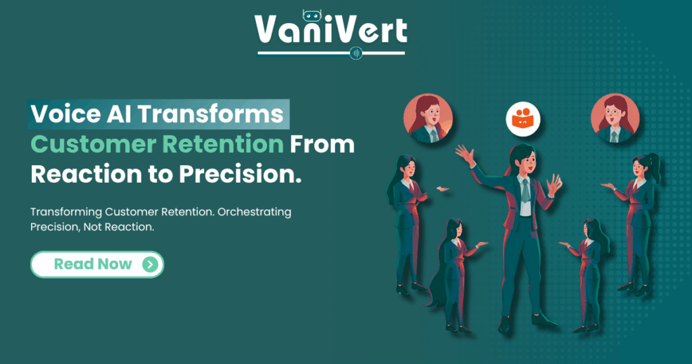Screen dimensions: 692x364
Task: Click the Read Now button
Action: [97, 264]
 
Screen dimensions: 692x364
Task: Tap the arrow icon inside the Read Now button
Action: [151, 264]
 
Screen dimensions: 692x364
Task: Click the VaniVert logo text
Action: [331, 30]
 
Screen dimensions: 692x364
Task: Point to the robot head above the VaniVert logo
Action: [312, 16]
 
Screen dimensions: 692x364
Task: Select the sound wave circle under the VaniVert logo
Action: [356, 53]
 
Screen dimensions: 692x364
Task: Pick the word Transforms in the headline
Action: [211, 114]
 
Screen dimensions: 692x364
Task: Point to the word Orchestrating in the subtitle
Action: [254, 212]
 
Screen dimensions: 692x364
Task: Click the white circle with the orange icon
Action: [523, 119]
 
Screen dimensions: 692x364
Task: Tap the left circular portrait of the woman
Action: [428, 118]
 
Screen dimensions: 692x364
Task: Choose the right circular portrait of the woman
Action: [615, 118]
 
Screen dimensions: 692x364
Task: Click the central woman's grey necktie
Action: [525, 191]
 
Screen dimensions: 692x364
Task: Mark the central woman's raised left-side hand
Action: [465, 155]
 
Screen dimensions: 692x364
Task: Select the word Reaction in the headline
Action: [86, 174]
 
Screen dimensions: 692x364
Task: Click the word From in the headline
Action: [322, 145]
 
